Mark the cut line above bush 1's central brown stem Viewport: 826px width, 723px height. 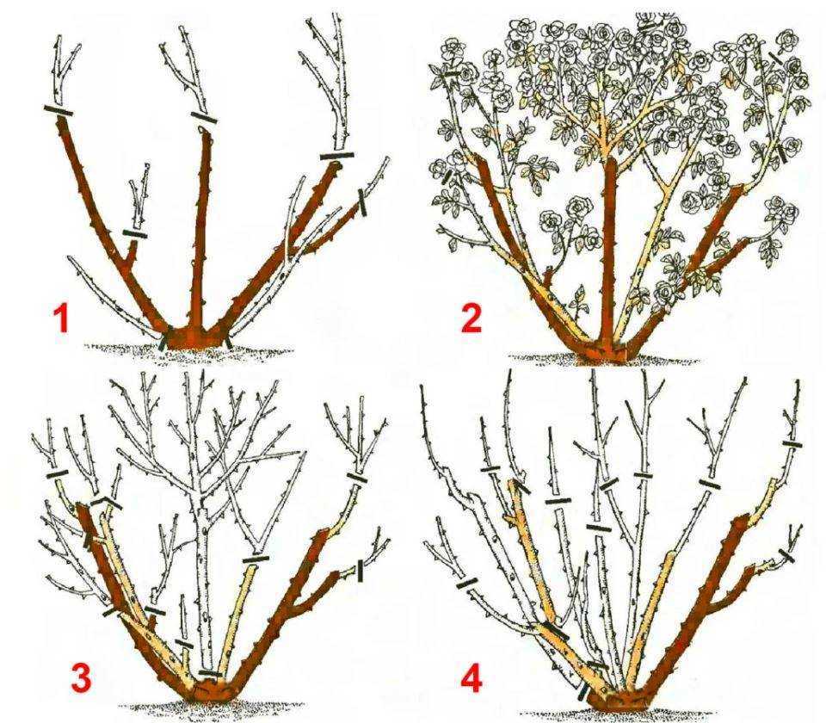pos(204,118)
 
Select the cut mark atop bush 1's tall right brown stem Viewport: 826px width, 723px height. pos(336,156)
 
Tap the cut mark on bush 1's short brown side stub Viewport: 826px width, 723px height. pos(135,233)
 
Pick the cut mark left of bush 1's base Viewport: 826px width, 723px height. pos(163,339)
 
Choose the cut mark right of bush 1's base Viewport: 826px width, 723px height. pos(226,340)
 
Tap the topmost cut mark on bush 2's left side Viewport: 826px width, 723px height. pos(452,75)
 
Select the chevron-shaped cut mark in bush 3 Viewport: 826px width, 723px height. pos(106,502)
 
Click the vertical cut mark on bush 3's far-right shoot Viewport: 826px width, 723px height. pos(361,572)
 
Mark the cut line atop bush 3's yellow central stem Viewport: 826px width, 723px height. pos(256,559)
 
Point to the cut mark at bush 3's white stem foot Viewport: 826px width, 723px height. pos(211,674)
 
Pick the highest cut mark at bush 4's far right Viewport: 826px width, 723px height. pos(792,444)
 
